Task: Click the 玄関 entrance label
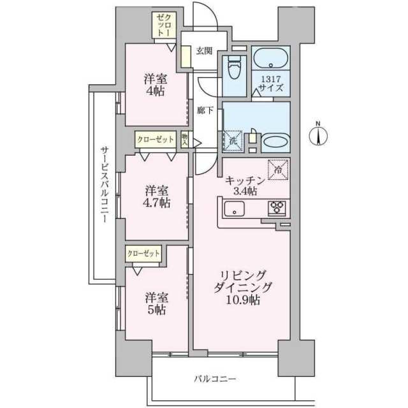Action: tap(204, 51)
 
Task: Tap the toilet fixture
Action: tap(235, 68)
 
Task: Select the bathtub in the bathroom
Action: tap(270, 58)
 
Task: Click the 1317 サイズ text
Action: tap(270, 83)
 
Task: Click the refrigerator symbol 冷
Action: tap(278, 170)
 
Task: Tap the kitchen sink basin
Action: tap(235, 208)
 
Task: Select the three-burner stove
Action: tap(277, 208)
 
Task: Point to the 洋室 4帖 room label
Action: tap(156, 85)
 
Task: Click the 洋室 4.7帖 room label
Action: tap(157, 197)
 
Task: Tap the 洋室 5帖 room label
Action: tap(157, 303)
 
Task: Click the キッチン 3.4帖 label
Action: tap(245, 186)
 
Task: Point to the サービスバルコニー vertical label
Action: tap(105, 184)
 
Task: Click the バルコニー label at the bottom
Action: tap(215, 379)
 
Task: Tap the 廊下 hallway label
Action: tap(205, 111)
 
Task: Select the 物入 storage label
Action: tap(184, 140)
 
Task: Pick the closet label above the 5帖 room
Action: tap(143, 254)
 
